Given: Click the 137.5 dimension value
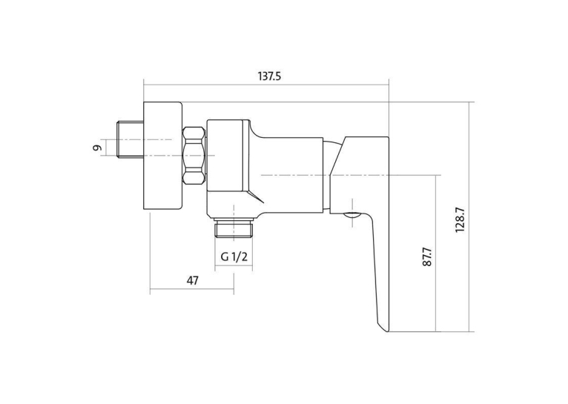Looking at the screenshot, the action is pyautogui.click(x=269, y=76).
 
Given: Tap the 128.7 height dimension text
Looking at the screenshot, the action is pyautogui.click(x=460, y=219).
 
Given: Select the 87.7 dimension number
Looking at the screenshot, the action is pyautogui.click(x=427, y=257).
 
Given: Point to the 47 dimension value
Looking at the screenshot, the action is pyautogui.click(x=193, y=280).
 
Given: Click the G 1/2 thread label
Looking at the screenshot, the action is pyautogui.click(x=234, y=256).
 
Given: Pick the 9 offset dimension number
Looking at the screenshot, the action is pyautogui.click(x=96, y=148).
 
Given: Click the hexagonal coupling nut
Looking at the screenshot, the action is pyautogui.click(x=194, y=156).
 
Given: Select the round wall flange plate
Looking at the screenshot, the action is pyautogui.click(x=162, y=156).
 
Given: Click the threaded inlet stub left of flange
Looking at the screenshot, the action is pyautogui.click(x=131, y=139).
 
